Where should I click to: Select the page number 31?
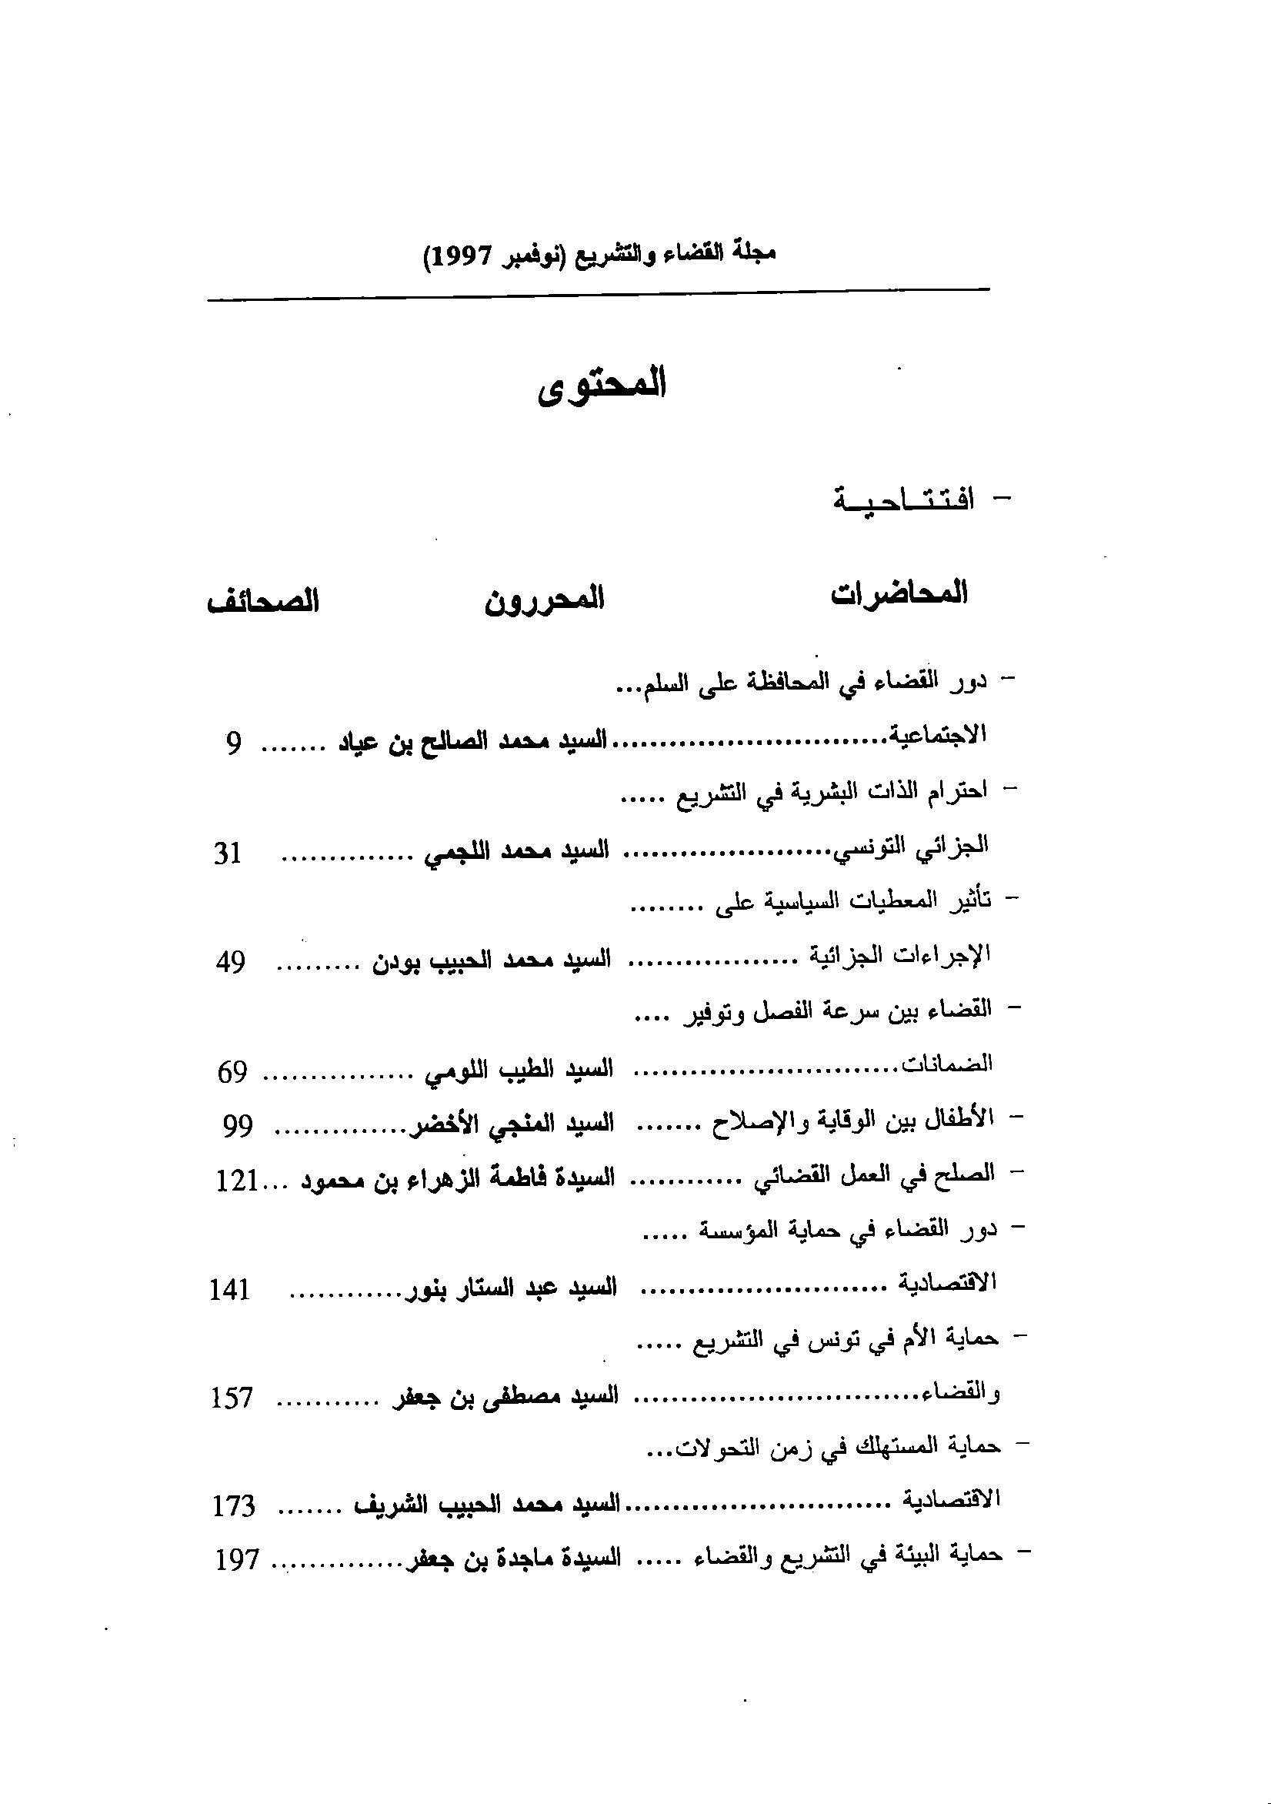(227, 853)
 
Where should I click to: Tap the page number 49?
(230, 962)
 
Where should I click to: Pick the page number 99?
(236, 1127)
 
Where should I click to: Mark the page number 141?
(229, 1290)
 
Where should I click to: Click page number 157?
(232, 1399)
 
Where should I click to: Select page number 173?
(234, 1508)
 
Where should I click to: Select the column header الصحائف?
(262, 603)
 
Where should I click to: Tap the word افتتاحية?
(903, 499)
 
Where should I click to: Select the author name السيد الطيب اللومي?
(519, 1070)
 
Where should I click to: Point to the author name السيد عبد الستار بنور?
(511, 1288)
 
